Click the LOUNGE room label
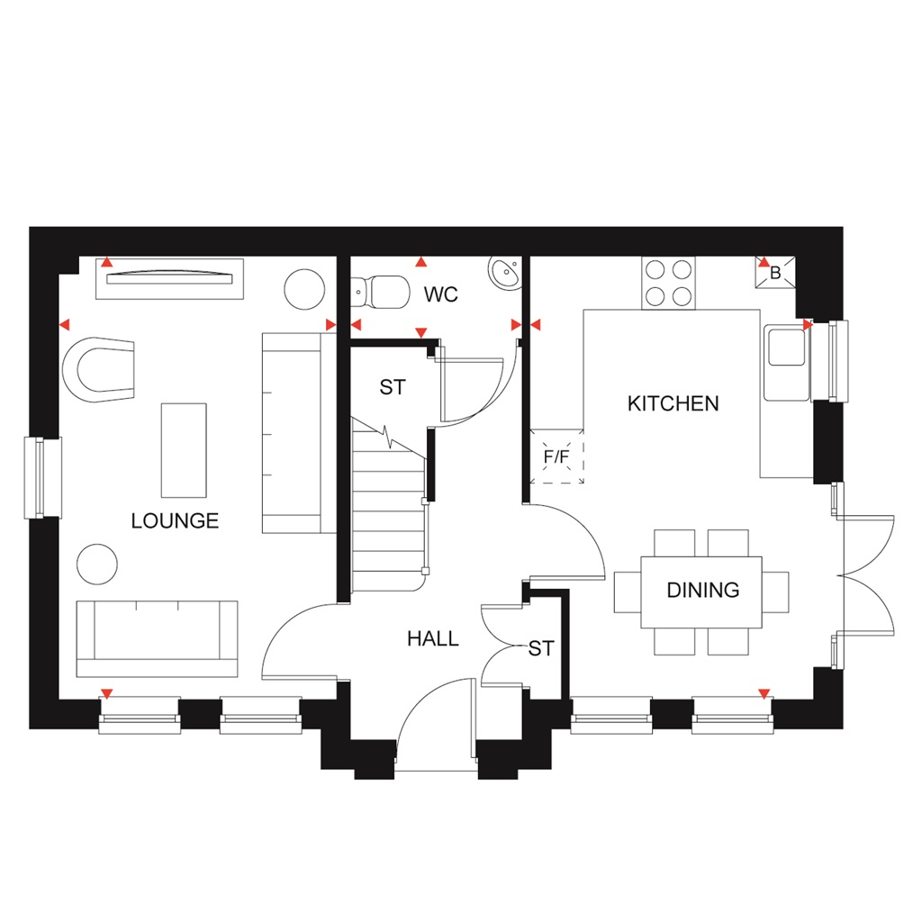coord(175,520)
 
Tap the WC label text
coord(441,294)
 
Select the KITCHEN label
coord(673,403)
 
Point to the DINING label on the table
coord(702,591)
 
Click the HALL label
coord(432,639)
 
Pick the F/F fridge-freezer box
coord(557,456)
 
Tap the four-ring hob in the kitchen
coord(668,283)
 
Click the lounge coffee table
coord(184,449)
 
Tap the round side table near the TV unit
coord(304,289)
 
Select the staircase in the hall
coord(387,513)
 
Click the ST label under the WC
coord(393,388)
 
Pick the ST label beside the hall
coord(541,648)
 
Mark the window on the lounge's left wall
coord(40,477)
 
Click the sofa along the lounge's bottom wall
coord(157,638)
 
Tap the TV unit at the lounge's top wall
coord(169,278)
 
